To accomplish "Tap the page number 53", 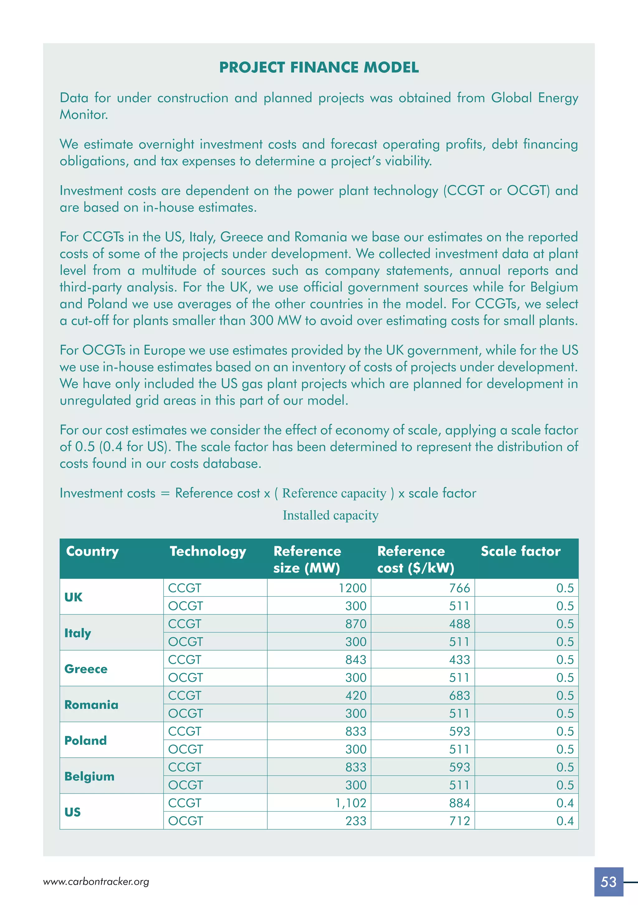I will point(608,882).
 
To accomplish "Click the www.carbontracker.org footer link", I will point(96,882).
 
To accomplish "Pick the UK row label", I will point(73,597).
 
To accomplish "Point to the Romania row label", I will point(91,705).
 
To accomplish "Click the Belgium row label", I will point(89,776).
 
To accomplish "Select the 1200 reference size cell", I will point(352,588).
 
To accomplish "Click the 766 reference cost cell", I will point(459,588).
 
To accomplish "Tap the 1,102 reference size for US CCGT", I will point(350,803).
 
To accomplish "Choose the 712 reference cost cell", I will point(459,821).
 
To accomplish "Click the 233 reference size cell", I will point(356,821).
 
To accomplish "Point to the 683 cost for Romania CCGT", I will point(459,696).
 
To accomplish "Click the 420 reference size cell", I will point(356,696).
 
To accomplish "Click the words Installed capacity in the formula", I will point(331,515).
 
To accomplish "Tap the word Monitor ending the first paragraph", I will point(83,115).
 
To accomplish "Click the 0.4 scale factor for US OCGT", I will point(565,821).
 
